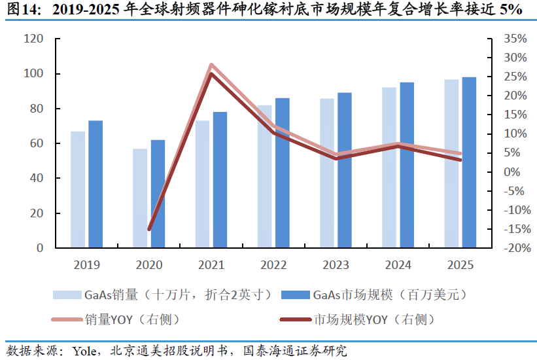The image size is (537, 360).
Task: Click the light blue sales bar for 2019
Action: pyautogui.click(x=78, y=190)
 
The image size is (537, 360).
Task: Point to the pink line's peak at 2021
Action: pyautogui.click(x=211, y=65)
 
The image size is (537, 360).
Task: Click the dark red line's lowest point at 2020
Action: pyautogui.click(x=149, y=229)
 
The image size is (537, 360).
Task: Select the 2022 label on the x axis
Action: pyautogui.click(x=273, y=265)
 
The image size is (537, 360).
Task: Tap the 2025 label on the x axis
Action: pyautogui.click(x=460, y=265)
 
